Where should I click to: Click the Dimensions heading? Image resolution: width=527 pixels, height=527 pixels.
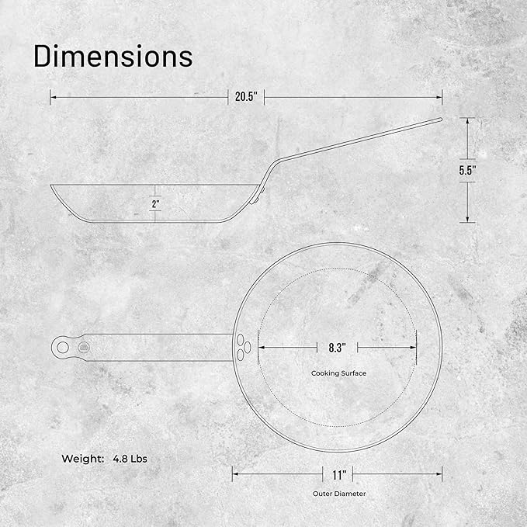pyautogui.click(x=113, y=56)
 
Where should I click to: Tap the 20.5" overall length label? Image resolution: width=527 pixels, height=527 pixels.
pyautogui.click(x=246, y=97)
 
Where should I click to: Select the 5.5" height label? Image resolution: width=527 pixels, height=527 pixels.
pyautogui.click(x=467, y=171)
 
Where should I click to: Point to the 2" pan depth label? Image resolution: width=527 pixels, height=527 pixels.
pyautogui.click(x=155, y=203)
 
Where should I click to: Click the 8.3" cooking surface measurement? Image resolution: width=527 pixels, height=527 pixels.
pyautogui.click(x=337, y=348)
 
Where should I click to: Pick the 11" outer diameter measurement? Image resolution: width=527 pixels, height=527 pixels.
pyautogui.click(x=339, y=475)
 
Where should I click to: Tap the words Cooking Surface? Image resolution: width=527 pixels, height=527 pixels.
pyautogui.click(x=338, y=373)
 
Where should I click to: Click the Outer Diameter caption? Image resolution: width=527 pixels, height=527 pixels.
pyautogui.click(x=339, y=494)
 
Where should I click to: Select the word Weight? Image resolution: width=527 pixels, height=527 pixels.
pyautogui.click(x=83, y=459)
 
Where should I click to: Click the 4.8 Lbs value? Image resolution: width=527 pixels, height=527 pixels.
pyautogui.click(x=130, y=459)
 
